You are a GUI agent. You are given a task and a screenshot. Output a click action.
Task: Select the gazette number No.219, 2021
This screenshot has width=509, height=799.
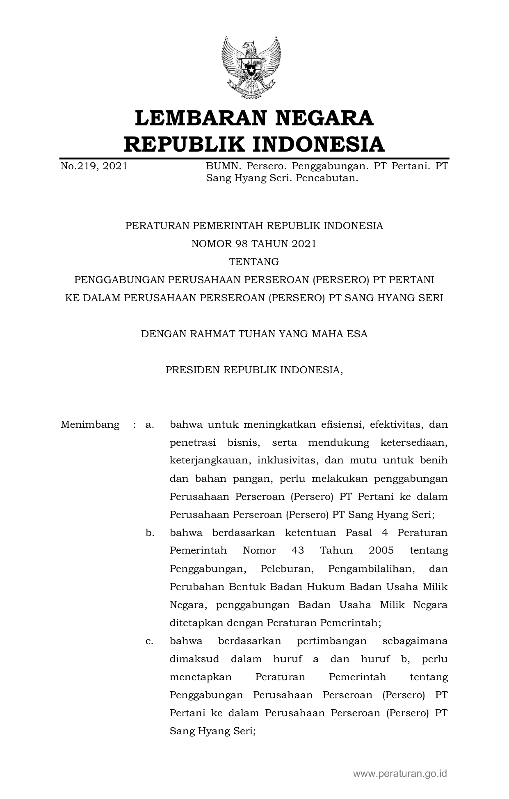pyautogui.click(x=94, y=166)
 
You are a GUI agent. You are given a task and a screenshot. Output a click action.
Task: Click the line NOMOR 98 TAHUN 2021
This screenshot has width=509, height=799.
pyautogui.click(x=254, y=244)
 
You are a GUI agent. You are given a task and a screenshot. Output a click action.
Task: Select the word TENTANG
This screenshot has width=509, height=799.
pyautogui.click(x=254, y=262)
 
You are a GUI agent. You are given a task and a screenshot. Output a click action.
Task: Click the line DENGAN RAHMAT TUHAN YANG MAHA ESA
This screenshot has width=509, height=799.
pyautogui.click(x=254, y=334)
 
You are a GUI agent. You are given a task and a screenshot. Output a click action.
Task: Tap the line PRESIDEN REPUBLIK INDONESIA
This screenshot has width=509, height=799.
pyautogui.click(x=254, y=370)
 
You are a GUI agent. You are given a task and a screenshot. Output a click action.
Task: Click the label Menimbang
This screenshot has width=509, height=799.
pyautogui.click(x=90, y=424)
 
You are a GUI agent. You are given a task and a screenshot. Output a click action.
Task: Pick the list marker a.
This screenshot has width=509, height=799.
pyautogui.click(x=150, y=424)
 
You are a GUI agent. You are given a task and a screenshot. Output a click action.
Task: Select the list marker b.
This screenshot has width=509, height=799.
pyautogui.click(x=150, y=533)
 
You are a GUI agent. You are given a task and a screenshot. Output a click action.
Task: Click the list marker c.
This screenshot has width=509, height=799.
pyautogui.click(x=150, y=641)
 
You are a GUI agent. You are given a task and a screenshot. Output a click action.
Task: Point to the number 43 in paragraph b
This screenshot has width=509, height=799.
pyautogui.click(x=298, y=551)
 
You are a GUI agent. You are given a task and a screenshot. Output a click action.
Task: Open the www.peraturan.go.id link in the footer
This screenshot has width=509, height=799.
pyautogui.click(x=400, y=774)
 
